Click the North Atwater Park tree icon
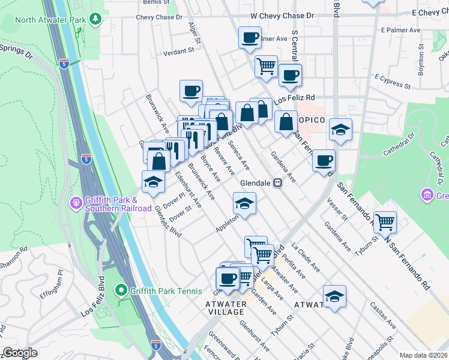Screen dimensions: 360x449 (x=95, y=19)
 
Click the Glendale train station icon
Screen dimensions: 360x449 (x=277, y=184)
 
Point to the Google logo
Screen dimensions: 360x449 (x=20, y=353)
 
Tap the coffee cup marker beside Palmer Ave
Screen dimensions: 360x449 (x=250, y=38)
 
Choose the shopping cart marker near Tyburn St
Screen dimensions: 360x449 (x=385, y=222)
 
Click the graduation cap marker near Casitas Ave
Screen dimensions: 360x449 (x=334, y=296)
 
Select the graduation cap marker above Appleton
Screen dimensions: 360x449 (x=244, y=203)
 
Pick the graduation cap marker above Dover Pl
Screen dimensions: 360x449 (x=153, y=181)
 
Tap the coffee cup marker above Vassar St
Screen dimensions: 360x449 (x=324, y=160)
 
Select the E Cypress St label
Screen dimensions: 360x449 (x=392, y=82)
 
